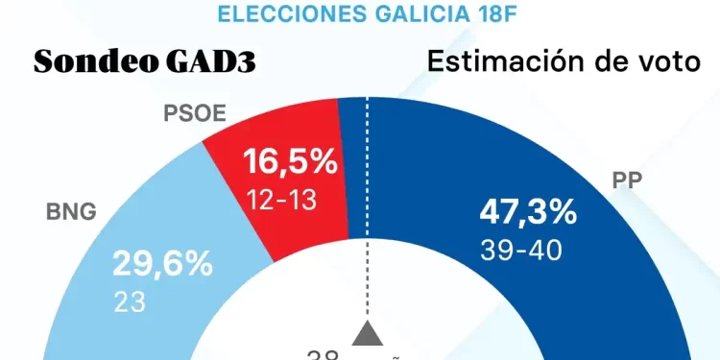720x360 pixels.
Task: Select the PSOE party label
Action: tap(194, 113)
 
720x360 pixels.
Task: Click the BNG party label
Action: tap(71, 212)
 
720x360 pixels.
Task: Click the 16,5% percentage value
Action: tap(289, 161)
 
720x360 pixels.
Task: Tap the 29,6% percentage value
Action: tap(162, 264)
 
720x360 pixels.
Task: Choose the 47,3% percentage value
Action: tap(527, 211)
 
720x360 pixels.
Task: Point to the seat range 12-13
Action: tap(279, 200)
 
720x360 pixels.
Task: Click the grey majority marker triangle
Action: tap(366, 333)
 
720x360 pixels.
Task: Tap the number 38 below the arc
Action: tap(322, 354)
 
